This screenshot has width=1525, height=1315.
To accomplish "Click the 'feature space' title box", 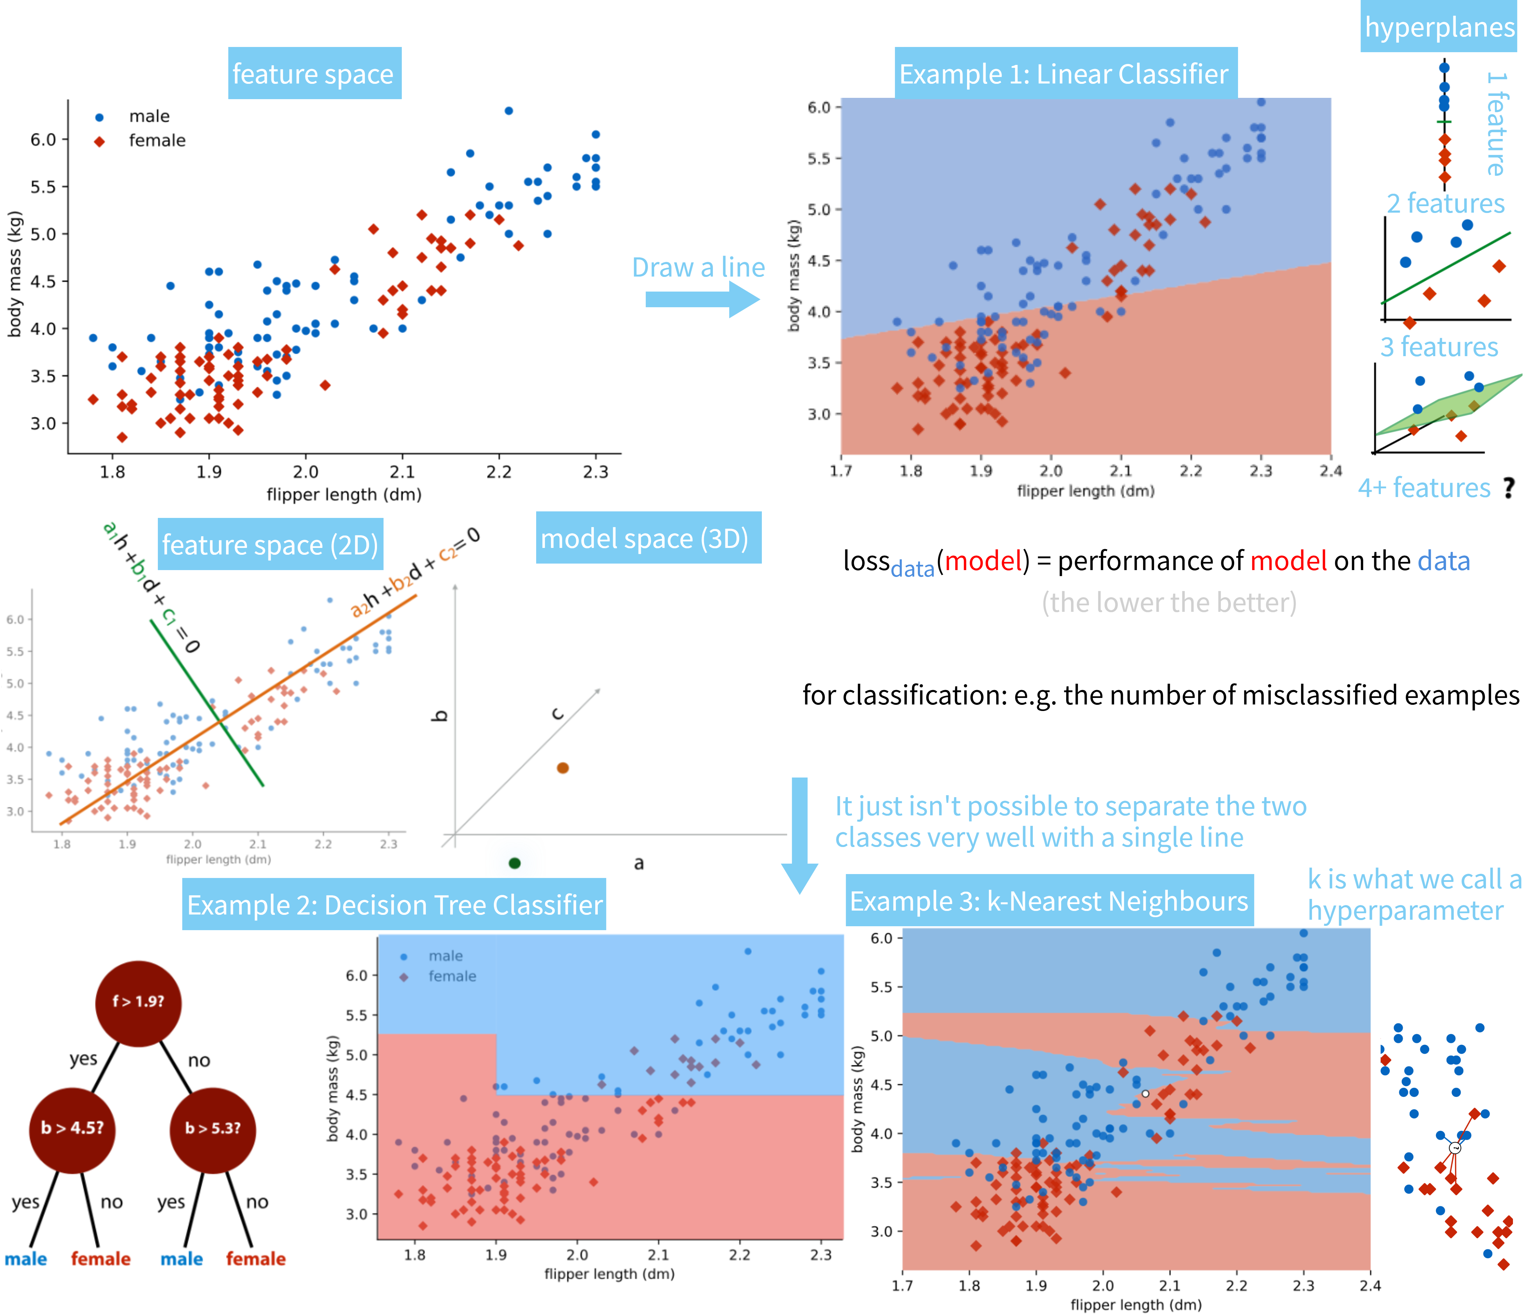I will coord(314,74).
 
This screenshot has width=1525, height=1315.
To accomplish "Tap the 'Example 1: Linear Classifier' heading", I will coord(1065,74).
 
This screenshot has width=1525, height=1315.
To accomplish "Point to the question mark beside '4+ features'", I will coord(1509,487).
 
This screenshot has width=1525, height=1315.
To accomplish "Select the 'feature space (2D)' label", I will coord(270,545).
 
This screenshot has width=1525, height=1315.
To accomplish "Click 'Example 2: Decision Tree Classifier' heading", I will coord(395,904).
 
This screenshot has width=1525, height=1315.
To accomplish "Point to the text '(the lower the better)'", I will coord(1169,603).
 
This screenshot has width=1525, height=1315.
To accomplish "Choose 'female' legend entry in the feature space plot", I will coord(156,141).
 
